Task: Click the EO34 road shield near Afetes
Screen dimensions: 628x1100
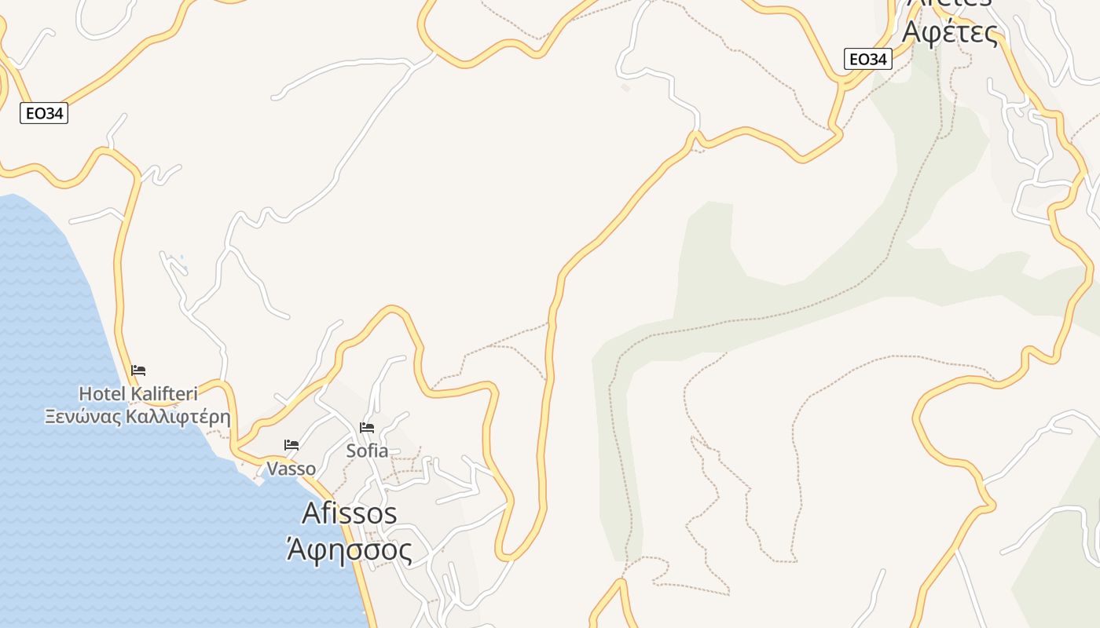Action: [x=868, y=59]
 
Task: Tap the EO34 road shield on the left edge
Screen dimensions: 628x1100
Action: [x=44, y=114]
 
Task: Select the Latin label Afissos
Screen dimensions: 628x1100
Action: [x=349, y=513]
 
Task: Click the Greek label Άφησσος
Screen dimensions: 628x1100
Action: [x=348, y=549]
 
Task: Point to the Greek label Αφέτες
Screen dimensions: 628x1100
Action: [x=950, y=33]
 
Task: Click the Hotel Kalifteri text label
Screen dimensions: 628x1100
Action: [x=138, y=393]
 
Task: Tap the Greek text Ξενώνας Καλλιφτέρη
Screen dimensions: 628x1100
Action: [x=138, y=416]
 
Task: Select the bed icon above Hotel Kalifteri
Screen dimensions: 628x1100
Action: [x=138, y=371]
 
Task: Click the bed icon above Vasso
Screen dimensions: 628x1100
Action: [x=291, y=445]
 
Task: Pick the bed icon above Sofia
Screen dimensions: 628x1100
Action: [x=367, y=428]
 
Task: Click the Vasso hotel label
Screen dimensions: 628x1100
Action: [x=291, y=469]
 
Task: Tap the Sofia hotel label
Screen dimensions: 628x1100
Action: [x=367, y=451]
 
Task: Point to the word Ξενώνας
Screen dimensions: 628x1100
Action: [x=84, y=416]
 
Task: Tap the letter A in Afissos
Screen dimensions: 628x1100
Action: [x=311, y=513]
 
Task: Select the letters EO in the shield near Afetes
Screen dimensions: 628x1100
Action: [x=859, y=59]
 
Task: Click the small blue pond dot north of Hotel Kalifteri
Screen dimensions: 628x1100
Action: [x=181, y=257]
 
